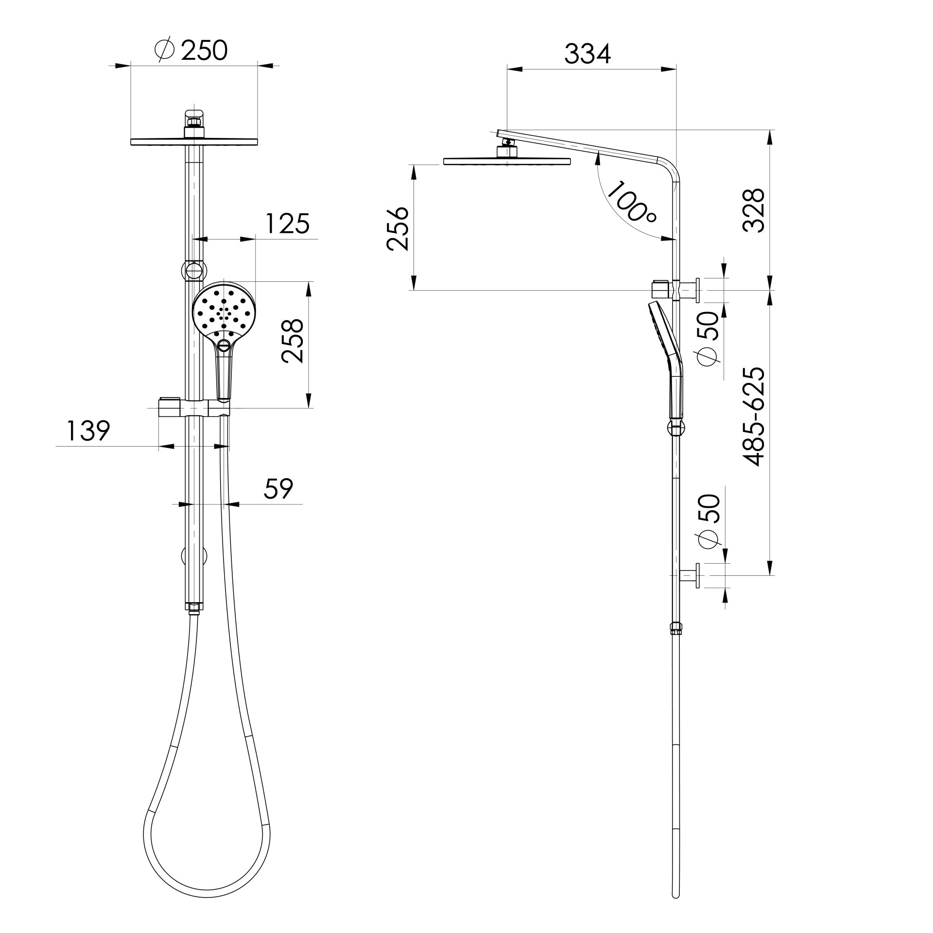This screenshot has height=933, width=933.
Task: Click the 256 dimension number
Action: pyautogui.click(x=397, y=228)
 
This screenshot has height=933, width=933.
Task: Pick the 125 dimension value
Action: pyautogui.click(x=287, y=224)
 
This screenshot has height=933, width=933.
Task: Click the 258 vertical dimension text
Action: pyautogui.click(x=293, y=341)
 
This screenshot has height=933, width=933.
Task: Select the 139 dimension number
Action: pyautogui.click(x=88, y=431)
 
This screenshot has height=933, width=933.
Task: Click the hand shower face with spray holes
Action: pyautogui.click(x=223, y=308)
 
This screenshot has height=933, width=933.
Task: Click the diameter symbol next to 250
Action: pyautogui.click(x=164, y=51)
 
